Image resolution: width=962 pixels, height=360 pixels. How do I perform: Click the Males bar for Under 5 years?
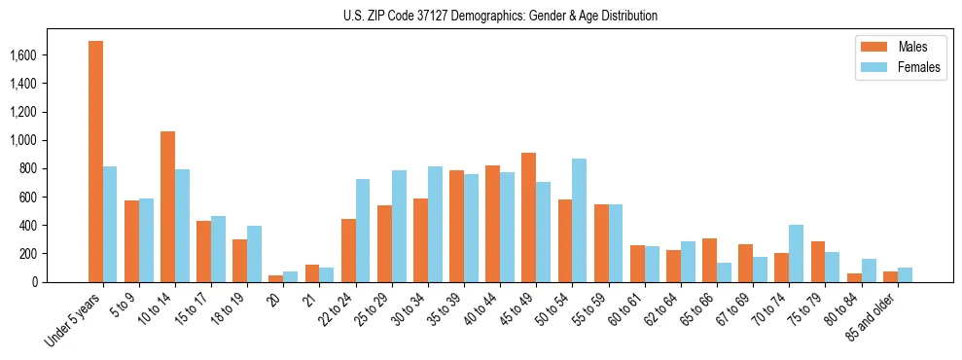pyautogui.click(x=95, y=162)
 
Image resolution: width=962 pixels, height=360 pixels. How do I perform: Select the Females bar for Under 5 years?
pyautogui.click(x=110, y=224)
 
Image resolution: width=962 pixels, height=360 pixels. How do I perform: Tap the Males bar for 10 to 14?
pyautogui.click(x=167, y=206)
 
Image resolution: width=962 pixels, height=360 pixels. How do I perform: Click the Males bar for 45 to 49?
pyautogui.click(x=528, y=217)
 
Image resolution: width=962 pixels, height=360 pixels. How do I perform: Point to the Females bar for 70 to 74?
pyautogui.click(x=797, y=253)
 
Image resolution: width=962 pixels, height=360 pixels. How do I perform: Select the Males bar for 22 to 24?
pyautogui.click(x=348, y=250)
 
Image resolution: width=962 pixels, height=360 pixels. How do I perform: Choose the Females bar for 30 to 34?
pyautogui.click(x=435, y=224)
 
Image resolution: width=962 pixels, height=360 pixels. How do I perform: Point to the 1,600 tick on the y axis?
pyautogui.click(x=50, y=55)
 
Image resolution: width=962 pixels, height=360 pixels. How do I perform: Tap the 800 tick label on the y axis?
pyautogui.click(x=54, y=169)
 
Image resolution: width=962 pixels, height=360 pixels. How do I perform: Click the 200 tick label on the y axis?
pyautogui.click(x=54, y=254)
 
